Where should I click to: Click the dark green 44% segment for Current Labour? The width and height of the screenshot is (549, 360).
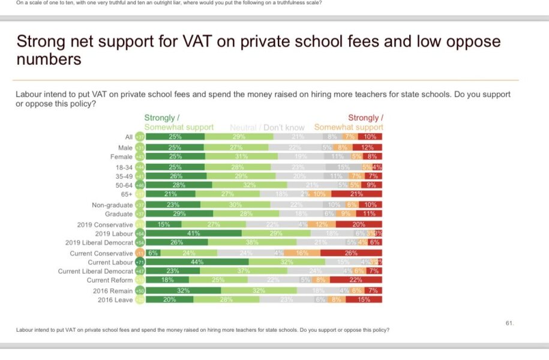click(x=197, y=262)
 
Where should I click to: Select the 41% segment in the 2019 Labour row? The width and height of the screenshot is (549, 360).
click(x=193, y=233)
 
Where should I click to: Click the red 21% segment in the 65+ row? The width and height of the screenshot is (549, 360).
click(x=356, y=194)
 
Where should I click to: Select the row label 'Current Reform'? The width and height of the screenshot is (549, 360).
click(x=109, y=280)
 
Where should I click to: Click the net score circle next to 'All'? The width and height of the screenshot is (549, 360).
click(x=140, y=137)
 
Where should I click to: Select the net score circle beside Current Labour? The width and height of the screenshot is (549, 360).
click(x=140, y=262)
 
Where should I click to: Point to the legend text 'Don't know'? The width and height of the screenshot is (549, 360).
click(x=283, y=127)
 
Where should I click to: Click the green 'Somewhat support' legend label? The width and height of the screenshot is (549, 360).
click(x=179, y=127)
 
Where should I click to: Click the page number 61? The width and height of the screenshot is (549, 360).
click(x=509, y=323)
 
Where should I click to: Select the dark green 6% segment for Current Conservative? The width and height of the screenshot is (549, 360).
click(x=152, y=253)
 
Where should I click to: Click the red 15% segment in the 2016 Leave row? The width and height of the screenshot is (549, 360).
click(x=364, y=299)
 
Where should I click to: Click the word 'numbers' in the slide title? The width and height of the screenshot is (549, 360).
click(x=49, y=60)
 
